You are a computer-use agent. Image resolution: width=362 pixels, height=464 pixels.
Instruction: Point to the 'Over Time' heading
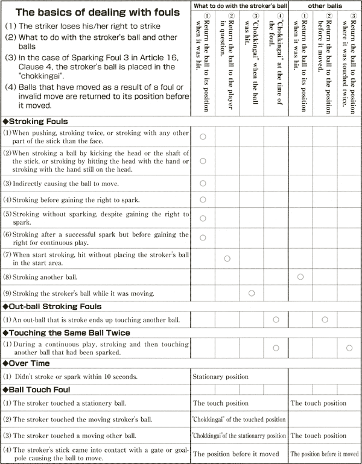tap(30, 363)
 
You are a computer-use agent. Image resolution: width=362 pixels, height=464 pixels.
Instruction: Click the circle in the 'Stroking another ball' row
tap(300, 277)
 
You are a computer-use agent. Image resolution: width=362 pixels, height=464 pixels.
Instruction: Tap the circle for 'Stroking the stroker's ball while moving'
tap(252, 293)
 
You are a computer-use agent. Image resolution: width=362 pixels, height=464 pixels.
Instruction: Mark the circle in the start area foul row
tap(227, 259)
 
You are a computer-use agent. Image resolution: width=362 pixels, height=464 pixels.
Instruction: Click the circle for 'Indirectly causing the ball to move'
tap(203, 183)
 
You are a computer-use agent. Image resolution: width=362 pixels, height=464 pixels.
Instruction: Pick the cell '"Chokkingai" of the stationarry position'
tap(239, 436)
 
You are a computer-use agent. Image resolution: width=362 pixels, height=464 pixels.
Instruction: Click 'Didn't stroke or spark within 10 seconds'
tap(75, 377)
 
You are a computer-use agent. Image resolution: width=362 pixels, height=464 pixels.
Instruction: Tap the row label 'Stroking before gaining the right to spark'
tap(81, 199)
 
